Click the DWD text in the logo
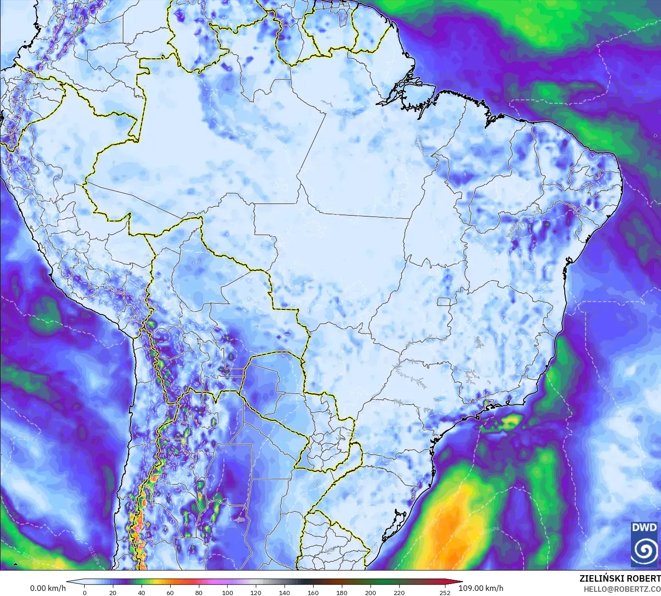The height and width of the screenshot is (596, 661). click(644, 527)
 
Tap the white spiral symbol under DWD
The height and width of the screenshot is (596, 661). click(644, 550)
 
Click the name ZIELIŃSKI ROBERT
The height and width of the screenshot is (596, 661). click(620, 579)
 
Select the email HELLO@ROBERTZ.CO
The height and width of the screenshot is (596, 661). click(622, 589)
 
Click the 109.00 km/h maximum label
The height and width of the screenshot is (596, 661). click(481, 588)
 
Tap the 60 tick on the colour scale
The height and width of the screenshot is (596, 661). click(170, 592)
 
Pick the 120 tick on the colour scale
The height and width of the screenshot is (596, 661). click(256, 592)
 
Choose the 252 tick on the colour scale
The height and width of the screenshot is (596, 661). click(445, 592)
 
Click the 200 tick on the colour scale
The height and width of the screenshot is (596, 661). click(370, 592)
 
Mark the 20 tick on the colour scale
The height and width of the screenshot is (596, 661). click(113, 592)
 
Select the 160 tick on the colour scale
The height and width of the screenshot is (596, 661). click(313, 592)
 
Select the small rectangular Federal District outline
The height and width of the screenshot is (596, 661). click(445, 302)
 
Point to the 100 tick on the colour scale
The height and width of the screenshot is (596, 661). click(227, 592)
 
